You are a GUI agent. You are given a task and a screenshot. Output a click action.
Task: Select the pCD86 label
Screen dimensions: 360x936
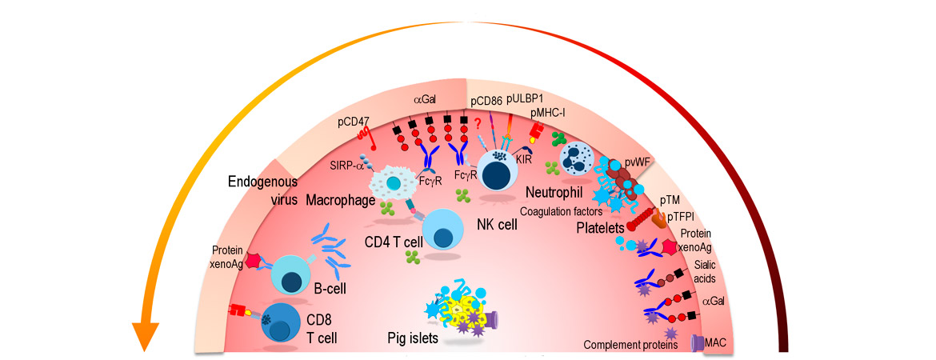[486, 101]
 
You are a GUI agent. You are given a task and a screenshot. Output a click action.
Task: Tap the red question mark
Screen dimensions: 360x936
[478, 122]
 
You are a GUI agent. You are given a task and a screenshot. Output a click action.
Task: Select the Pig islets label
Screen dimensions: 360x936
[412, 338]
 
